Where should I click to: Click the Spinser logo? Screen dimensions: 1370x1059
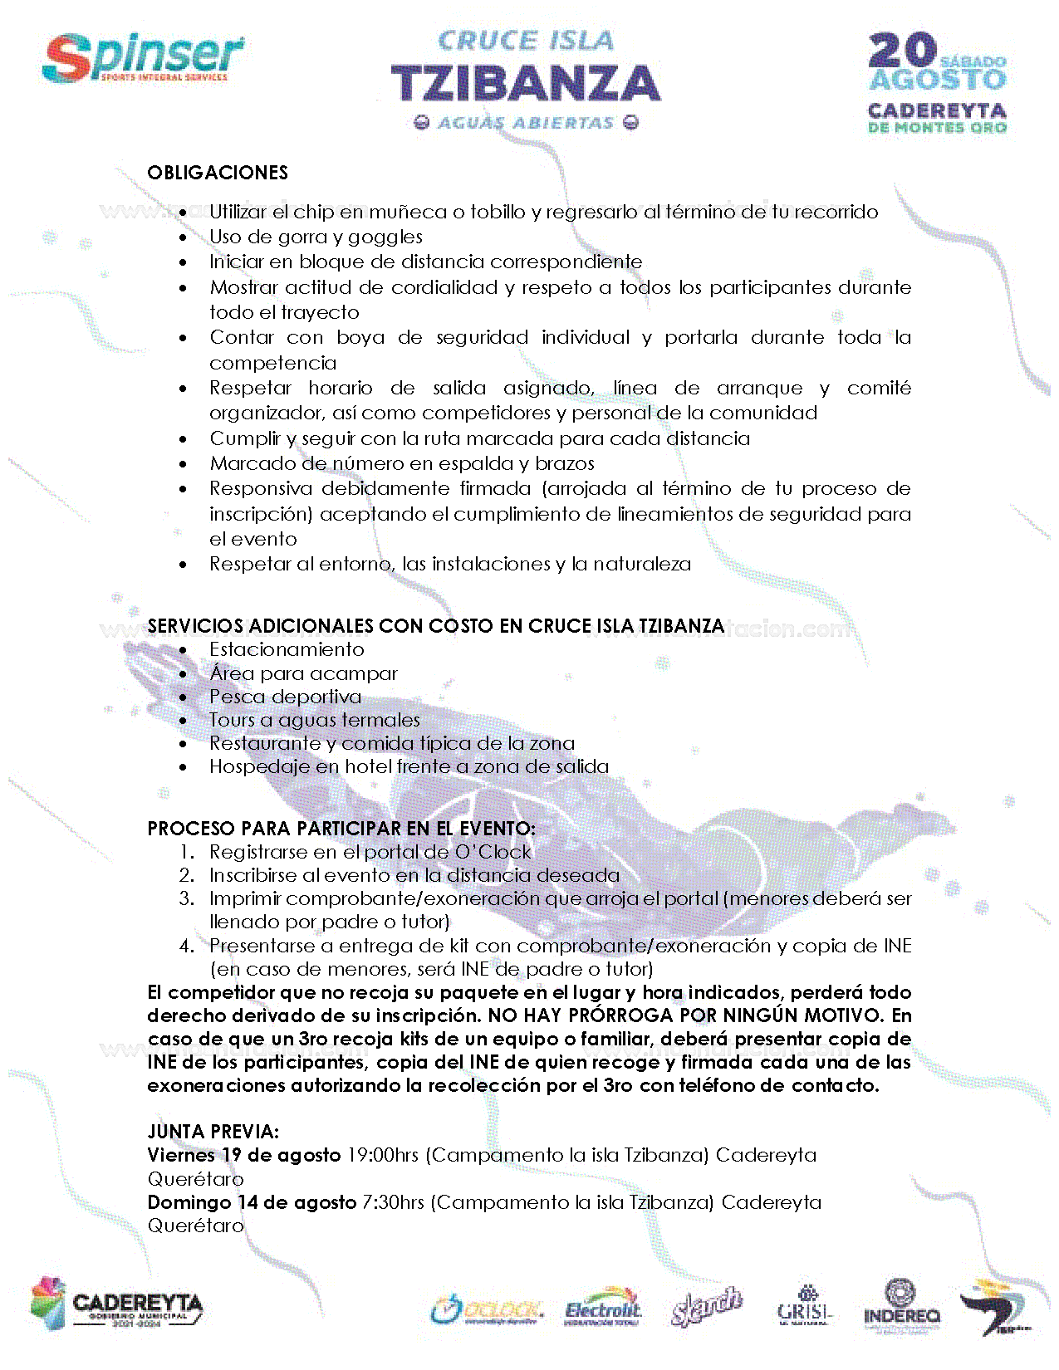click(x=143, y=58)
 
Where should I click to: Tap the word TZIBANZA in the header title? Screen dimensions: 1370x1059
click(x=525, y=84)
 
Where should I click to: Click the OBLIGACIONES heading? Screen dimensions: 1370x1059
click(x=218, y=173)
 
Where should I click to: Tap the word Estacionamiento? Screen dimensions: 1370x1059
click(x=287, y=649)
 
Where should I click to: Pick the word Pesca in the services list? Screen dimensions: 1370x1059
click(x=236, y=697)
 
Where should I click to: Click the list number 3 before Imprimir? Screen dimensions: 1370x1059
click(x=186, y=898)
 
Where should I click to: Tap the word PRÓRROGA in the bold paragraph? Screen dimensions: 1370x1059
click(x=622, y=1015)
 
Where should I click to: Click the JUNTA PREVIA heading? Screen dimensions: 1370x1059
click(x=213, y=1132)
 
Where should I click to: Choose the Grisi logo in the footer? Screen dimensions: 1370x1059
click(x=803, y=1307)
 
